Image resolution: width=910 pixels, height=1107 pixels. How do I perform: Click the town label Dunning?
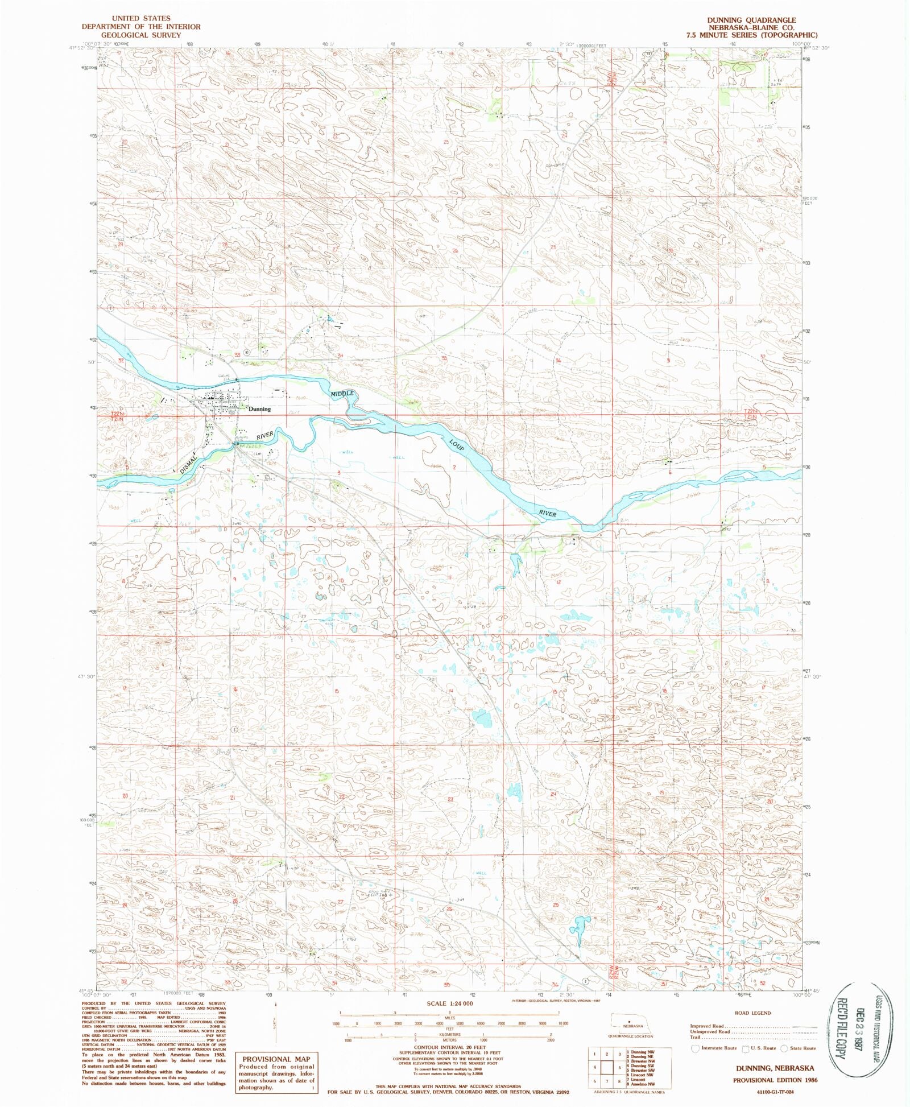pyautogui.click(x=259, y=409)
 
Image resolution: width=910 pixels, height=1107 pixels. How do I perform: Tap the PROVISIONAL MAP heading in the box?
pyautogui.click(x=276, y=1059)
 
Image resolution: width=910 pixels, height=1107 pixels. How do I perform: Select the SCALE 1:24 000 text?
pyautogui.click(x=449, y=1003)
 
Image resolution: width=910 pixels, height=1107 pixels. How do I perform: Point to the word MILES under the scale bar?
pyautogui.click(x=449, y=1018)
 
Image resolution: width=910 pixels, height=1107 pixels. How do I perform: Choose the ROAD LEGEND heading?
pyautogui.click(x=752, y=1013)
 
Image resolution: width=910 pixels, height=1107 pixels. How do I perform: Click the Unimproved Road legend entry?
pyautogui.click(x=710, y=1031)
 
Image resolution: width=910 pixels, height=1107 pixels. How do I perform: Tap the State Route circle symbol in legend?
pyautogui.click(x=784, y=1048)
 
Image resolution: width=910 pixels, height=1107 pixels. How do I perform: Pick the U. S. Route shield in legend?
pyautogui.click(x=746, y=1048)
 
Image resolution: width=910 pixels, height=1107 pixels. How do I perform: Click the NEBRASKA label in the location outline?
pyautogui.click(x=632, y=1026)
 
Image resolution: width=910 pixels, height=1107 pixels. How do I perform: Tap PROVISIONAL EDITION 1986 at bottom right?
pyautogui.click(x=775, y=1080)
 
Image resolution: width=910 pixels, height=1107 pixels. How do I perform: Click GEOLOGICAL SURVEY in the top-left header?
pyautogui.click(x=140, y=35)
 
